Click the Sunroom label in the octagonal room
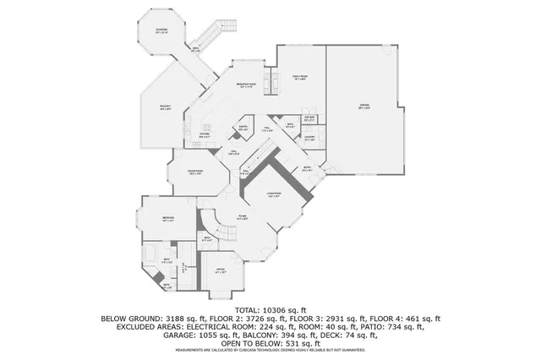point(161,31)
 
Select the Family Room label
point(299,77)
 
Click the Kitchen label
point(205,134)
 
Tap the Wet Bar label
point(309,118)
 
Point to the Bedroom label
point(168,219)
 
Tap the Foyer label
point(242,216)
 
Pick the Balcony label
point(167,106)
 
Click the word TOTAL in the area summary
point(247,310)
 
